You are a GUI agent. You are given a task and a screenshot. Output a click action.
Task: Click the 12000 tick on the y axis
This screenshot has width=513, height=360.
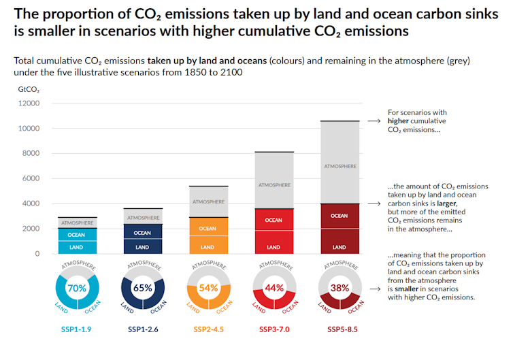(30, 103)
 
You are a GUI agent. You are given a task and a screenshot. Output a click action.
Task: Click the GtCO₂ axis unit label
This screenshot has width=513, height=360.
(29, 88)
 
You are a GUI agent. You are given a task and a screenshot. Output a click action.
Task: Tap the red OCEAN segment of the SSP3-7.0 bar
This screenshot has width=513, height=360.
(273, 220)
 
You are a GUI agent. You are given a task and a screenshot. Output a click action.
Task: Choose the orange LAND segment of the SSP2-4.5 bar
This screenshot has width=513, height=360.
(208, 246)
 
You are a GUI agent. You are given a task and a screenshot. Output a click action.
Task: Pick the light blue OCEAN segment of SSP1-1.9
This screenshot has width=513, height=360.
(76, 233)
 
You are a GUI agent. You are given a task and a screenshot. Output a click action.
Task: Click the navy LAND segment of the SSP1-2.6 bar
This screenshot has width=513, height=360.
(142, 246)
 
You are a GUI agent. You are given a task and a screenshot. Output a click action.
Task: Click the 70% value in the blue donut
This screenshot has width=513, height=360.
(76, 288)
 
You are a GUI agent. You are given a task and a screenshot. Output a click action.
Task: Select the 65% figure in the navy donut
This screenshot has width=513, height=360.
(142, 288)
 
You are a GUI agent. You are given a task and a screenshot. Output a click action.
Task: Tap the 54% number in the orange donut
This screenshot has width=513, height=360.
(208, 288)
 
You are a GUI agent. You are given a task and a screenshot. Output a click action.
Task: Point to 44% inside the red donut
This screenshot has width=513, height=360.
(273, 288)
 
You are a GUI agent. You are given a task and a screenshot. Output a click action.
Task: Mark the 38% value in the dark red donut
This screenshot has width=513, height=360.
(339, 288)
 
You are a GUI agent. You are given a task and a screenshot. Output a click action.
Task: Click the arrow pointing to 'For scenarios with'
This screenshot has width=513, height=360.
(374, 121)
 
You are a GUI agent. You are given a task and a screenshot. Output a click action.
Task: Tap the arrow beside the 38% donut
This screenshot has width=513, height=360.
(374, 288)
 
